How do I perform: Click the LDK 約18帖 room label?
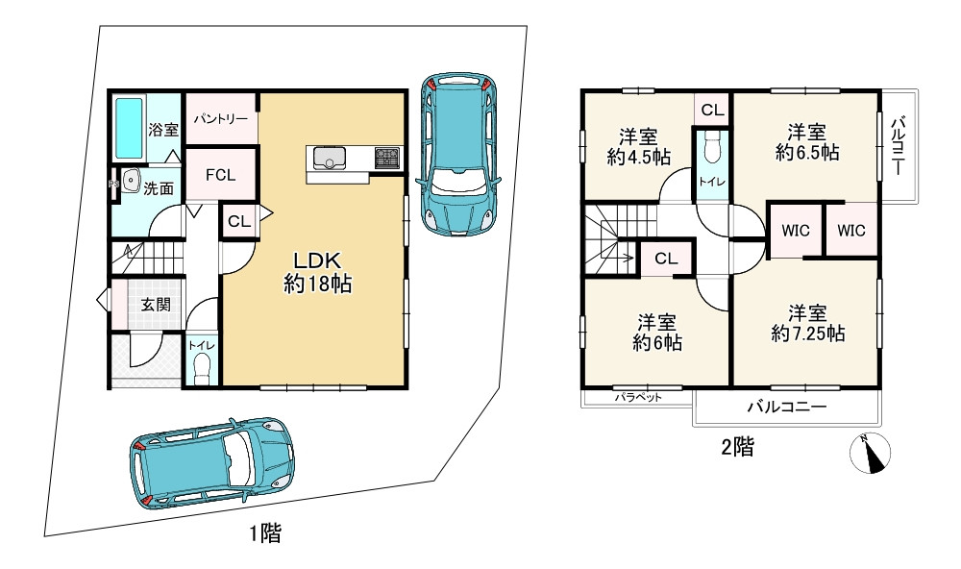tap(317, 272)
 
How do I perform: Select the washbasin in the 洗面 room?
tap(130, 181)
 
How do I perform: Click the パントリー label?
tap(221, 119)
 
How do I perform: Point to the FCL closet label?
tap(221, 175)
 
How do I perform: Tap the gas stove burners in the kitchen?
tap(387, 159)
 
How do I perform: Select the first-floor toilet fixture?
tap(202, 369)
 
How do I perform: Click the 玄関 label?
tap(156, 305)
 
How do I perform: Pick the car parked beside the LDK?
tap(456, 155)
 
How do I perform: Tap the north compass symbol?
tap(871, 454)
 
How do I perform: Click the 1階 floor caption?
tap(265, 532)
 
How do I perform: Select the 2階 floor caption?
tap(737, 447)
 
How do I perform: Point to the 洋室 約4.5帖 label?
tap(639, 146)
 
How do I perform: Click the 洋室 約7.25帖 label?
tap(808, 323)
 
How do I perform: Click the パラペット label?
tap(639, 397)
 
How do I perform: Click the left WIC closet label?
tap(796, 231)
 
